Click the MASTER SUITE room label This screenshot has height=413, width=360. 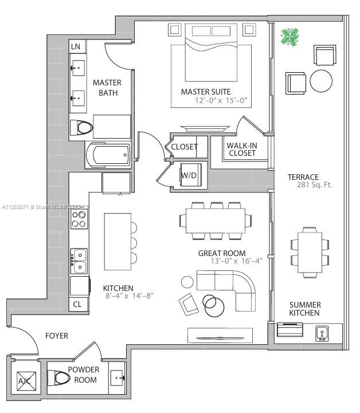206,92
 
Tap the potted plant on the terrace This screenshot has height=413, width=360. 289,38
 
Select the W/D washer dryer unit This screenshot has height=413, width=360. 189,175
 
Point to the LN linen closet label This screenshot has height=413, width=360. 75,46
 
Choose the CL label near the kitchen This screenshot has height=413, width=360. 77,305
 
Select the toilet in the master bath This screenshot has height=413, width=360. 84,127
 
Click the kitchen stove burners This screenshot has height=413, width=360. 79,219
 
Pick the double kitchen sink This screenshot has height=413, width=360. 79,261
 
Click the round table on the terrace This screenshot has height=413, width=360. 321,81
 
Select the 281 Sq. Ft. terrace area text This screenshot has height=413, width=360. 314,185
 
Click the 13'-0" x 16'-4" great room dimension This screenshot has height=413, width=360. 237,261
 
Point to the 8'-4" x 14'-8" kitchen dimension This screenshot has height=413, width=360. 129,296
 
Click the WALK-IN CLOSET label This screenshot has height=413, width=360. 241,150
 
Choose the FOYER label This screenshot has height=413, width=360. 57,336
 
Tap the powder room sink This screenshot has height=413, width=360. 118,377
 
